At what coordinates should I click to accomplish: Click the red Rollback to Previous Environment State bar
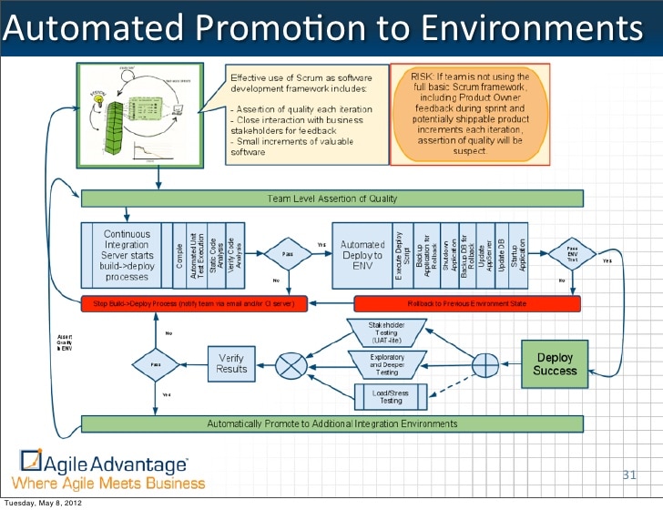coord(465,302)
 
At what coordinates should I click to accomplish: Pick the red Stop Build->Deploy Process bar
coord(194,302)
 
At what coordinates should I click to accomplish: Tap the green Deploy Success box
coord(555,364)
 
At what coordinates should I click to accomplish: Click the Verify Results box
coord(231,364)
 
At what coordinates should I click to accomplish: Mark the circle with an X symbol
coord(291,365)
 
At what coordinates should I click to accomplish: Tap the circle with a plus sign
coord(483,364)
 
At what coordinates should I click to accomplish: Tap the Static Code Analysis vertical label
coord(213,248)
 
